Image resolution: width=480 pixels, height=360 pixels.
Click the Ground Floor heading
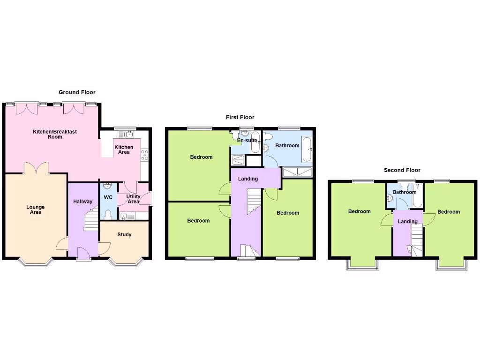point(77,92)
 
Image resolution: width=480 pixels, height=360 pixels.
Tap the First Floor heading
point(240,117)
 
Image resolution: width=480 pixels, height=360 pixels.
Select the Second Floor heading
point(402,170)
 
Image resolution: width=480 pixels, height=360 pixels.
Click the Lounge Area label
point(36,210)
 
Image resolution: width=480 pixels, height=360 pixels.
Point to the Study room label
point(124,234)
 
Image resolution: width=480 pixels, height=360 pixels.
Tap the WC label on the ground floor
point(108,197)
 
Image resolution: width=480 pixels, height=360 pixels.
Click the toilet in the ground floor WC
point(108,214)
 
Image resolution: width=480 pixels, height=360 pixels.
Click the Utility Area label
point(133,199)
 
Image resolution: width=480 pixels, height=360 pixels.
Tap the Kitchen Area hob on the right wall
point(144,155)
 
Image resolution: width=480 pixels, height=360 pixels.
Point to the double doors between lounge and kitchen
point(36,168)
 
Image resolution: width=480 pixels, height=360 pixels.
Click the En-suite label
point(247,140)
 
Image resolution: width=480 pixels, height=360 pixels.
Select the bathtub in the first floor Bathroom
point(306,149)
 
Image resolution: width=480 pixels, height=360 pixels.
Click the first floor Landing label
point(248,179)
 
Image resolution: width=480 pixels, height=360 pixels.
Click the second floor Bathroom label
point(405,192)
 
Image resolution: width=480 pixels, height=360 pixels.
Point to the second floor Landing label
point(407,221)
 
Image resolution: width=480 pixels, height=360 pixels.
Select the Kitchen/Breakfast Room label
point(55,134)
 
